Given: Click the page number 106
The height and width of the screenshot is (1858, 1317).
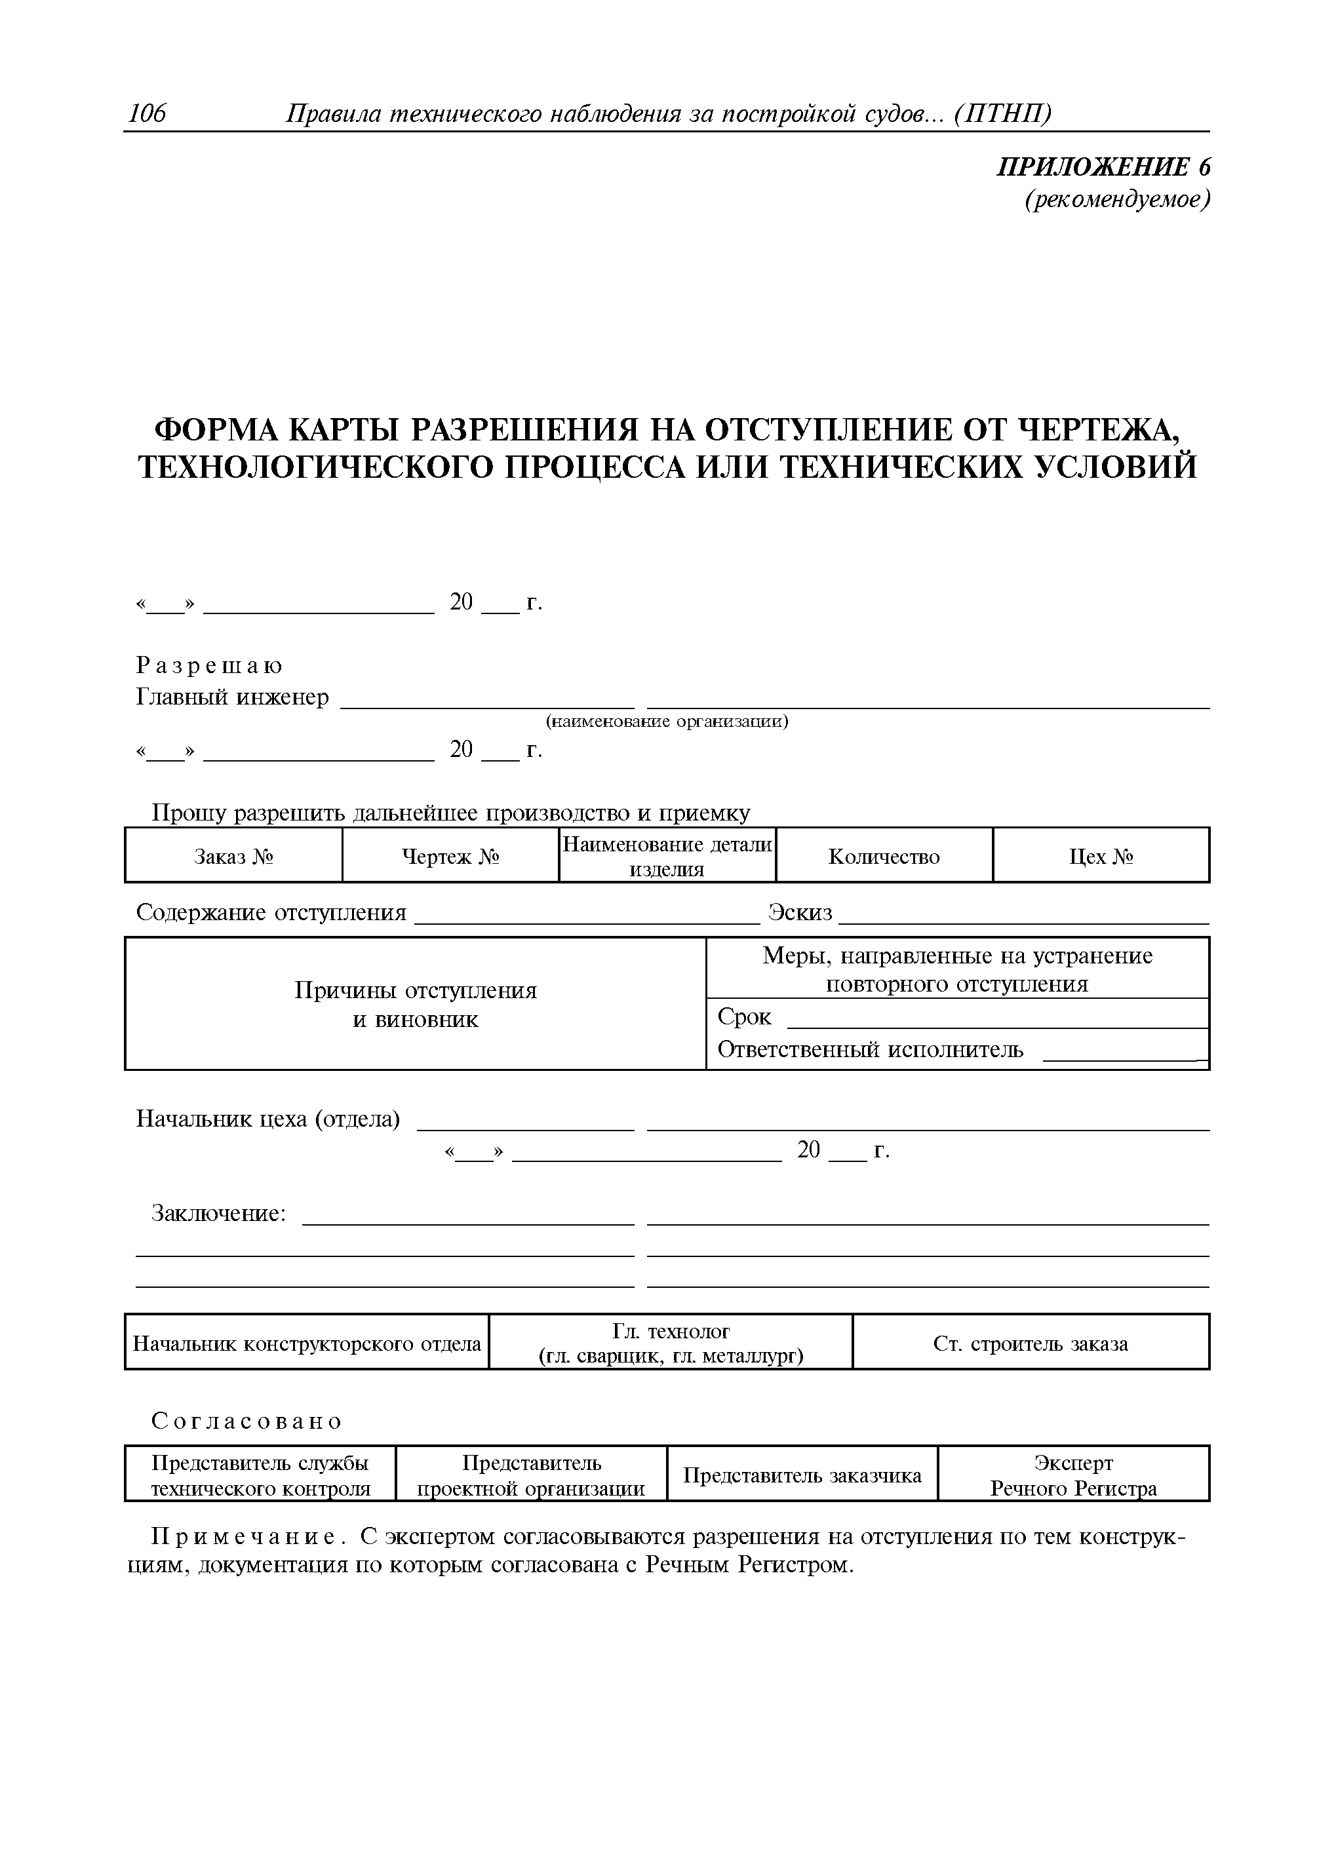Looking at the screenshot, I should [x=147, y=114].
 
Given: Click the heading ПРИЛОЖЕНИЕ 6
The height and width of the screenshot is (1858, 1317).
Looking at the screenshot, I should [x=1103, y=167].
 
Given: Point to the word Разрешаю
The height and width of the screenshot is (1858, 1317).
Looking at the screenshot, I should [x=209, y=666].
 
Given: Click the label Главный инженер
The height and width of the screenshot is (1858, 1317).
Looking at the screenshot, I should [x=232, y=697].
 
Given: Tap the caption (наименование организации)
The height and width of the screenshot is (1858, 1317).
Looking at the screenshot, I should [x=667, y=721].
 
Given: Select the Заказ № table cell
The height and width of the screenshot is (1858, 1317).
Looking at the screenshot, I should [x=233, y=856].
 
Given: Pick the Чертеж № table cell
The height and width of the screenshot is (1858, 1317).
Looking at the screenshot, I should [x=450, y=856].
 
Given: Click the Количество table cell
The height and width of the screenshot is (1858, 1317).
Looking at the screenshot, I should [x=884, y=856].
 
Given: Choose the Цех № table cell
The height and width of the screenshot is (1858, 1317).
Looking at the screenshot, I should [x=1101, y=856].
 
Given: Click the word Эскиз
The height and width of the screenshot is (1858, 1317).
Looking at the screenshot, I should [x=800, y=913].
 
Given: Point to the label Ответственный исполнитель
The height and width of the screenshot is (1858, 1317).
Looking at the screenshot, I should [x=870, y=1050].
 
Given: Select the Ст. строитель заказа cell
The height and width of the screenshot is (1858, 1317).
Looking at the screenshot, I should [x=1030, y=1344].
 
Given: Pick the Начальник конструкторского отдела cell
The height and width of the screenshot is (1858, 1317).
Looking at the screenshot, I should [x=307, y=1344].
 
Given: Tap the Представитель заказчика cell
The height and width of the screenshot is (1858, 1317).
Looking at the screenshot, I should [x=802, y=1475].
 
